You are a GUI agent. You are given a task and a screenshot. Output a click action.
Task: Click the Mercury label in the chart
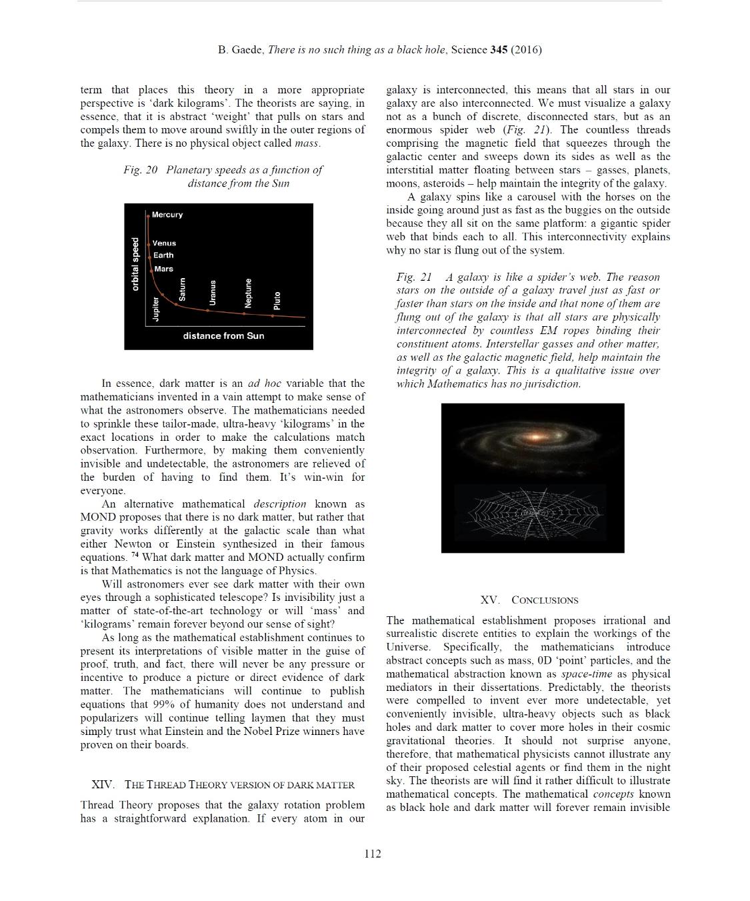(x=167, y=215)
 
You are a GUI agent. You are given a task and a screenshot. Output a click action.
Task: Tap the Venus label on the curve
(x=164, y=243)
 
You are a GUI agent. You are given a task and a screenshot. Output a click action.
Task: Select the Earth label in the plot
(x=163, y=255)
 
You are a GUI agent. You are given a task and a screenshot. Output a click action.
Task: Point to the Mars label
(x=163, y=269)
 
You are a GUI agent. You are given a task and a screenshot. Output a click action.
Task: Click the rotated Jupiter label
(x=156, y=309)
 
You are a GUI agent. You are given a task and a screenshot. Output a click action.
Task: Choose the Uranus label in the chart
(x=213, y=293)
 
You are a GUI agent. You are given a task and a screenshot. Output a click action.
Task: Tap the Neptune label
(x=248, y=293)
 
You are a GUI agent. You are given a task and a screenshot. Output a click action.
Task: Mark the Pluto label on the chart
(x=277, y=300)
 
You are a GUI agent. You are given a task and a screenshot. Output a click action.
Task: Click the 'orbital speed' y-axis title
(x=135, y=264)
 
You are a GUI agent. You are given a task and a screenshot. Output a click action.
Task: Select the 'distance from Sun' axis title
(x=223, y=335)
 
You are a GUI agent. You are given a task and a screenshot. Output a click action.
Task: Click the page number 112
(x=373, y=854)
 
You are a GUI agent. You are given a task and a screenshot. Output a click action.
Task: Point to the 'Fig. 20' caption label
(x=140, y=170)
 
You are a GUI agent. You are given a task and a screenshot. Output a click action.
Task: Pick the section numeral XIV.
(x=103, y=784)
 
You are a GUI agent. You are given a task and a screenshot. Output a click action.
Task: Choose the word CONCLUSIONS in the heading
(x=545, y=600)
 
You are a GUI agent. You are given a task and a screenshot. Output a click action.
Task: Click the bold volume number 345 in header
(x=499, y=50)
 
